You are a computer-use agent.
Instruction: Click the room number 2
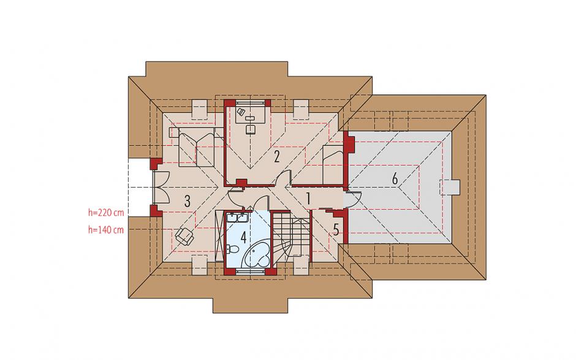click(x=276, y=156)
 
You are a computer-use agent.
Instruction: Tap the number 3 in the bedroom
click(x=188, y=201)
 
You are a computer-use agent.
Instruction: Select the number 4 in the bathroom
click(x=243, y=237)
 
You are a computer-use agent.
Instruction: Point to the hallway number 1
click(x=308, y=199)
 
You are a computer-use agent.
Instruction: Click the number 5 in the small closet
click(x=336, y=229)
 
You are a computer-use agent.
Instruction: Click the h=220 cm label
click(x=106, y=212)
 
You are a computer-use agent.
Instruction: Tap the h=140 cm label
click(x=106, y=230)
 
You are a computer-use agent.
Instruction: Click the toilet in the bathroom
click(x=232, y=250)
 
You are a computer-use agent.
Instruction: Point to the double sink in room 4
click(x=237, y=218)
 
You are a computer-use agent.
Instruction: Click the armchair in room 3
click(x=184, y=236)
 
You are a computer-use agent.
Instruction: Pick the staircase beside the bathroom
click(x=291, y=236)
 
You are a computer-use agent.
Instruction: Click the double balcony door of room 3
click(x=161, y=188)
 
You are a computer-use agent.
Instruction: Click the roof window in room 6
click(x=450, y=187)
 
